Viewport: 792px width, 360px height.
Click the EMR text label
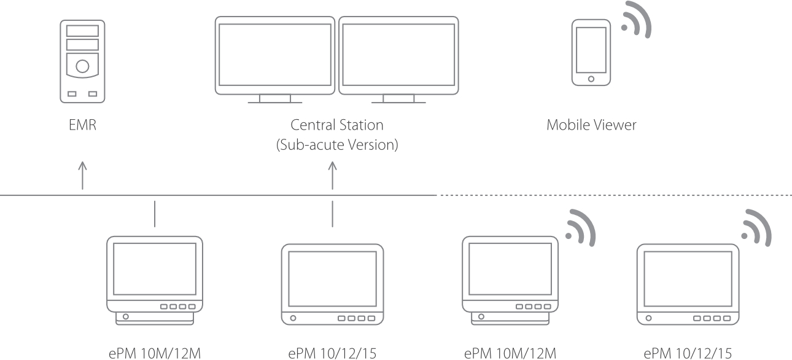pyautogui.click(x=82, y=126)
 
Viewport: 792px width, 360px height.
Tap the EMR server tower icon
pyautogui.click(x=82, y=61)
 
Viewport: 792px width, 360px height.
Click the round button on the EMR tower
pyautogui.click(x=82, y=65)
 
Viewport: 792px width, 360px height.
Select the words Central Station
pyautogui.click(x=337, y=125)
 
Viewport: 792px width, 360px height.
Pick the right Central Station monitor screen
pyautogui.click(x=398, y=54)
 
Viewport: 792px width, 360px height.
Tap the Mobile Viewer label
pyautogui.click(x=592, y=125)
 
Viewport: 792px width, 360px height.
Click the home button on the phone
pyautogui.click(x=591, y=79)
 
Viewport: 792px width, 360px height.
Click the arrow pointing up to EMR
pyautogui.click(x=83, y=175)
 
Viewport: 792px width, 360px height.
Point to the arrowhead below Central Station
pyautogui.click(x=333, y=166)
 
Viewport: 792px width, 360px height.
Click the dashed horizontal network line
pyautogui.click(x=614, y=195)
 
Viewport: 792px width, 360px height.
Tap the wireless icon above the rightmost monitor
pyautogui.click(x=755, y=229)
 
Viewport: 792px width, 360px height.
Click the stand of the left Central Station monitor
pyautogui.click(x=274, y=99)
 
